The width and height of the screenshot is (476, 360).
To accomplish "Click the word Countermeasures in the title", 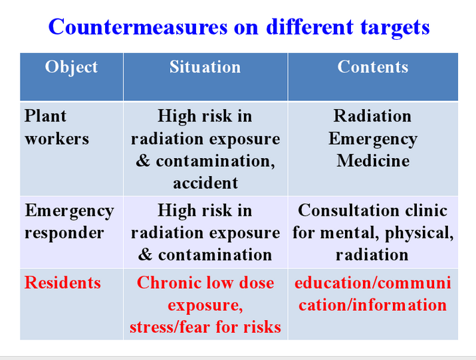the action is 138,27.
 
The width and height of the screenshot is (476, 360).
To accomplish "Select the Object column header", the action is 71,67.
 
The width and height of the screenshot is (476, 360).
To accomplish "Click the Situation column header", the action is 205,66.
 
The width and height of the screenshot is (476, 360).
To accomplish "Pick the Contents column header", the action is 373,66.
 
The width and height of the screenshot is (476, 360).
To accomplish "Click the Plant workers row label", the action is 57,128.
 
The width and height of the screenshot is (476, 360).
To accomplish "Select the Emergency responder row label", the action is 69,222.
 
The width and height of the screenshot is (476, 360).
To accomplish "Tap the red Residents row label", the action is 62,283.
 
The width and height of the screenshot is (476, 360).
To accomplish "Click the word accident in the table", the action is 205,183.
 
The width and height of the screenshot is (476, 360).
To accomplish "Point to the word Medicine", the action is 373,161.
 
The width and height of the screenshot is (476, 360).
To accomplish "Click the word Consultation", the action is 348,210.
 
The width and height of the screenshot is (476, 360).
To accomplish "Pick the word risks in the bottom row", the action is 262,327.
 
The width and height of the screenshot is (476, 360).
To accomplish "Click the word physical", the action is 419,234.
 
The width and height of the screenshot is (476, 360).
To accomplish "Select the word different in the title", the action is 310,27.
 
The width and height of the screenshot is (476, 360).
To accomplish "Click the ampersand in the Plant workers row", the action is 143,161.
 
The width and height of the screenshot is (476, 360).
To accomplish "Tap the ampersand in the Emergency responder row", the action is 145,255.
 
